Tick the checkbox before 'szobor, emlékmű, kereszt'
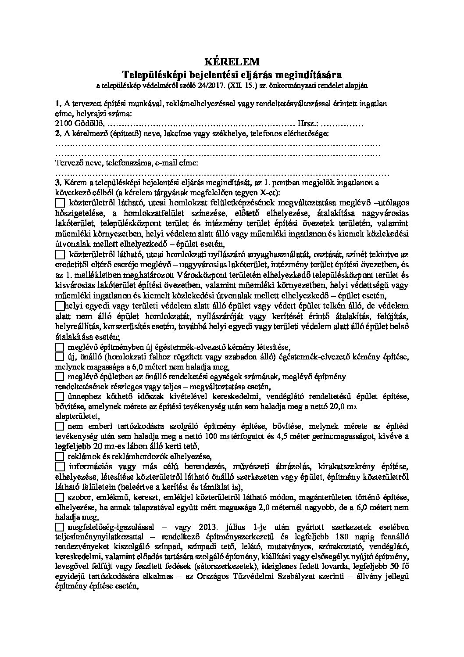pyautogui.click(x=60, y=497)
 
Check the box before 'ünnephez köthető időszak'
pyautogui.click(x=60, y=396)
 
